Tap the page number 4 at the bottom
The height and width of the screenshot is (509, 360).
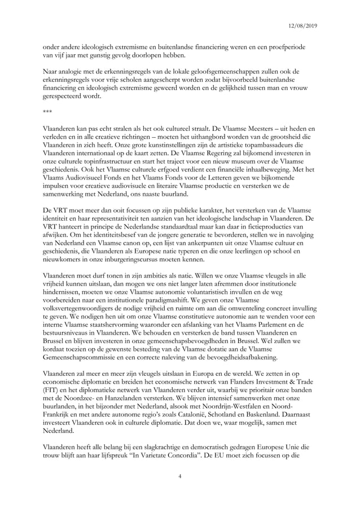click(179, 477)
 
